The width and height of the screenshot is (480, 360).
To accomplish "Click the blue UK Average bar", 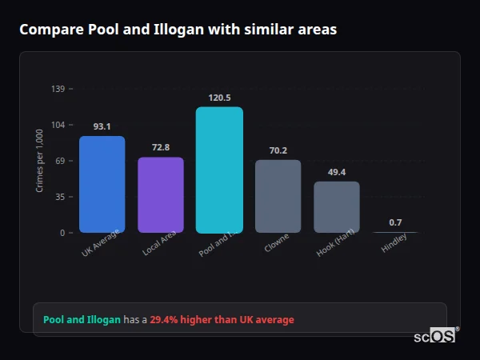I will coord(102,185).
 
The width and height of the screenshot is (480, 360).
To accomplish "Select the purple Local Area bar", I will coord(161,195).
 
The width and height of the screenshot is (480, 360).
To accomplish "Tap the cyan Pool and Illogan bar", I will coord(219,170).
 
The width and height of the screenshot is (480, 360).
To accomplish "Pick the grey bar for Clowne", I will coord(278,197).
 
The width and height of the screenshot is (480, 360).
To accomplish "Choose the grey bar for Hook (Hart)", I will coord(337,207).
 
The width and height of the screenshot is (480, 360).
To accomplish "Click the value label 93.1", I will coord(102,126).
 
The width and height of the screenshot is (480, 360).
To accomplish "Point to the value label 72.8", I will coord(161,147).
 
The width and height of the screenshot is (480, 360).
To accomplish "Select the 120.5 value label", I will coord(219,98).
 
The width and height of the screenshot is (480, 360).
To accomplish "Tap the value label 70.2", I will coord(278,150).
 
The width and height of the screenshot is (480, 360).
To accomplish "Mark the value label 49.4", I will coord(337,172).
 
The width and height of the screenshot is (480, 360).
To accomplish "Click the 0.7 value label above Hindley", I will coord(395,222).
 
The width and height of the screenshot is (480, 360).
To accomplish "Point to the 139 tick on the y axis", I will coord(58,89).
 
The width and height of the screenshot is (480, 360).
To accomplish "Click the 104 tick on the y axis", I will coord(58,125).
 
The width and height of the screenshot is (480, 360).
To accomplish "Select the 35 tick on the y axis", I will coord(60,197).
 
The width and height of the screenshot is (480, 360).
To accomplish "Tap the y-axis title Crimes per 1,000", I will coord(40,160).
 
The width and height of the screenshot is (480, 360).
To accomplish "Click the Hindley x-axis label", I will coord(394,243).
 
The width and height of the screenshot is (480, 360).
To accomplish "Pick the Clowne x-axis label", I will coord(277,243).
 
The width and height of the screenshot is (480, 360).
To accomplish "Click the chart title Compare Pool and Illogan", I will coord(178,30).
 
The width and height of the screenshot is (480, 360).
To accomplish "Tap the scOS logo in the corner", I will coord(435,336).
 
